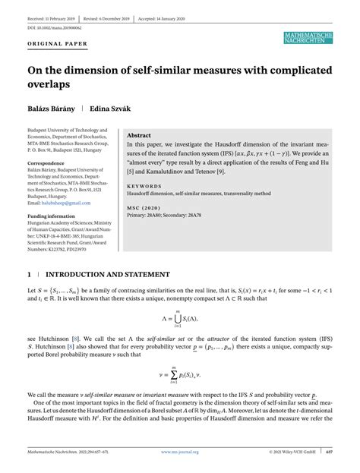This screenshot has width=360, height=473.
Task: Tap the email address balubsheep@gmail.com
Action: pos(66,203)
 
